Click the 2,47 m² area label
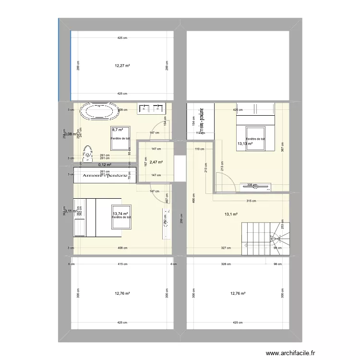click(156, 162)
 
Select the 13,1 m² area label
click(232, 215)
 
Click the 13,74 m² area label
click(120, 214)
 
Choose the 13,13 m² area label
click(245, 143)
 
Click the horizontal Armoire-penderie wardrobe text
click(105, 176)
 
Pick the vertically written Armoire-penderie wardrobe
click(202, 120)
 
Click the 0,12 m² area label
click(105, 165)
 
